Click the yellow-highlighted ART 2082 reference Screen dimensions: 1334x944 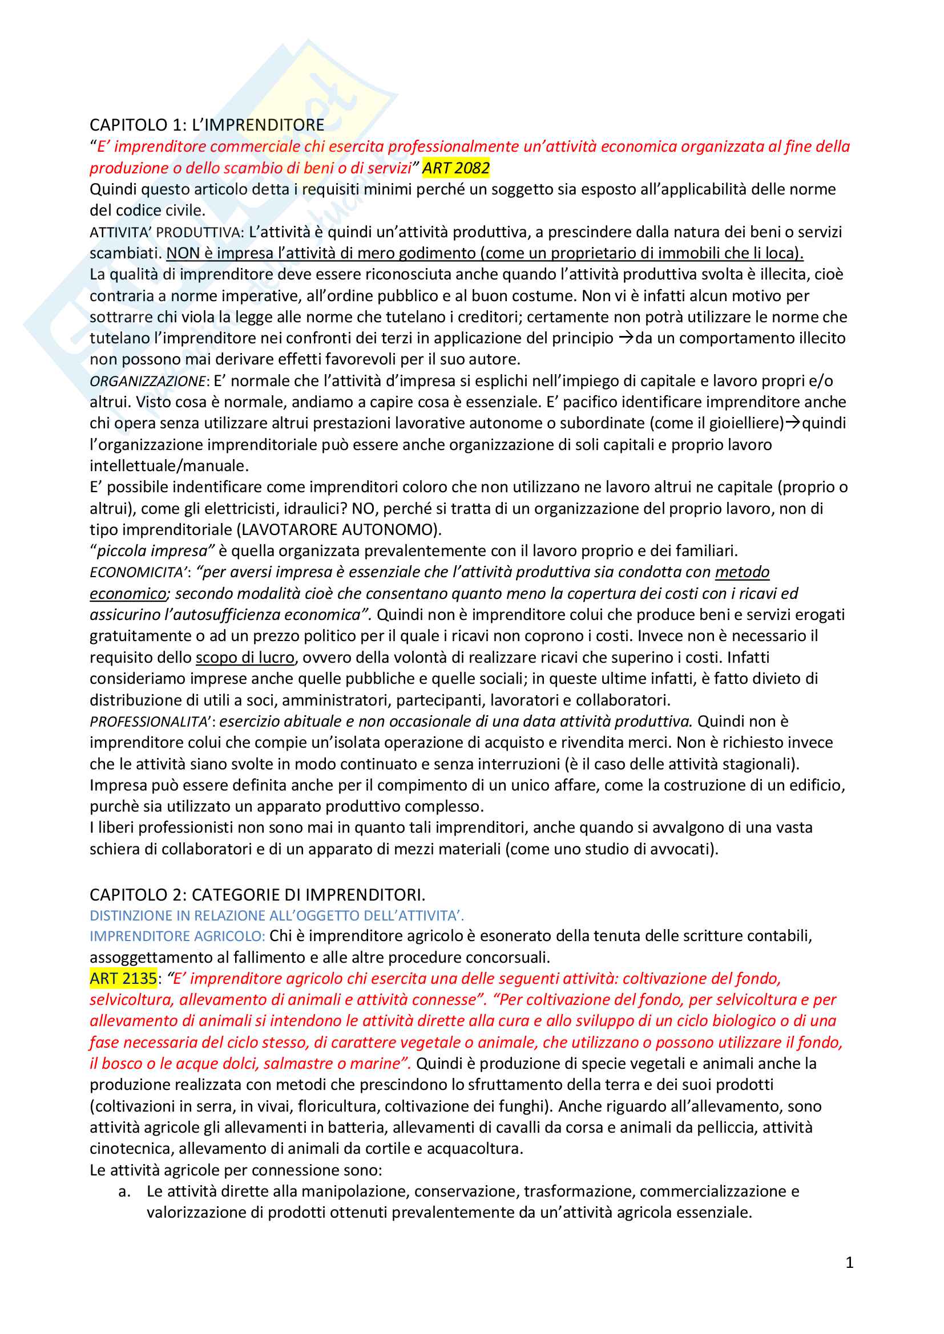point(455,168)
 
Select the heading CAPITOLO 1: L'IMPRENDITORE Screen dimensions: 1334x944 point(207,125)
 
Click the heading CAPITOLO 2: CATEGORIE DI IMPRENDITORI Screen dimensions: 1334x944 point(257,894)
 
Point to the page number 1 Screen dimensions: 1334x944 point(849,1263)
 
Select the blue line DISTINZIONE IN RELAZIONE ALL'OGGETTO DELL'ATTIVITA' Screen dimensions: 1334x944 point(277,916)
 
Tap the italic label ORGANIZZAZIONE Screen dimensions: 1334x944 point(148,381)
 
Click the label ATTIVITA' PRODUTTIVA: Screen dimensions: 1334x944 point(167,232)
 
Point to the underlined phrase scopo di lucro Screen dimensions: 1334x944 point(245,658)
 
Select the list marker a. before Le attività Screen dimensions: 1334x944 point(124,1191)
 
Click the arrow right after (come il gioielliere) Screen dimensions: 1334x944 point(793,423)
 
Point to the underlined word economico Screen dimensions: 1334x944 point(128,594)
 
